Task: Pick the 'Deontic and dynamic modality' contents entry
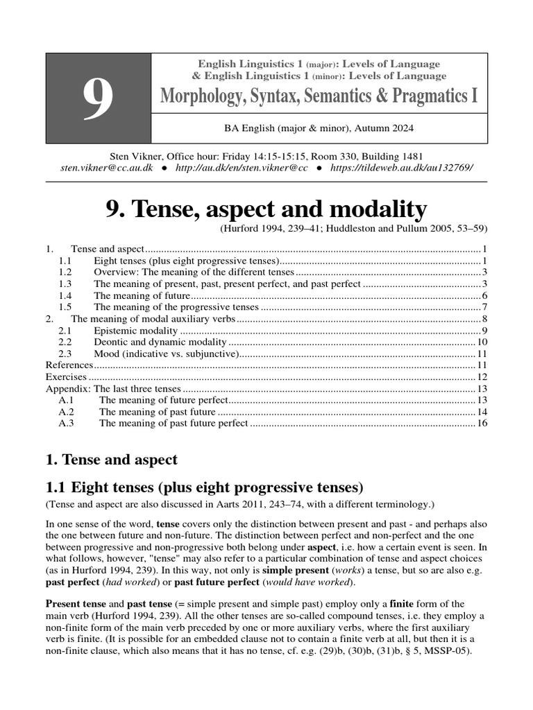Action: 160,342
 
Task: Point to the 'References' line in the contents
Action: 69,365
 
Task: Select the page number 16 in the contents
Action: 482,423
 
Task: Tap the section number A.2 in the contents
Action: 67,412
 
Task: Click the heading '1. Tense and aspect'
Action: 112,459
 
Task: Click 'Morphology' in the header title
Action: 205,95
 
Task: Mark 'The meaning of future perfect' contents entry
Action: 163,400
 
